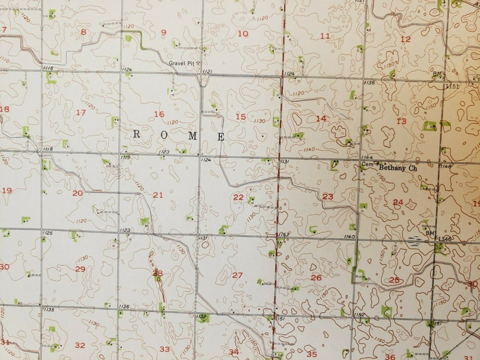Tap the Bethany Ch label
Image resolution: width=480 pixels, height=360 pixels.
[x=397, y=168]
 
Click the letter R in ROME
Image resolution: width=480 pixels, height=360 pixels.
[x=136, y=135]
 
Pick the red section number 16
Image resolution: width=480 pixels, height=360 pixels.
[x=159, y=114]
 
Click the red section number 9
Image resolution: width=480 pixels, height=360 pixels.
[x=163, y=33]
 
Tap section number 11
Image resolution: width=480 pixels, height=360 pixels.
[x=325, y=36]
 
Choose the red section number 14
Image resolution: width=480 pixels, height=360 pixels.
[x=321, y=118]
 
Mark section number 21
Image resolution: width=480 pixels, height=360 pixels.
[x=158, y=194]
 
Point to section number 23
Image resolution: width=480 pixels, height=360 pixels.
[x=327, y=196]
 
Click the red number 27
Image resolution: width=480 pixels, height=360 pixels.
[x=237, y=275]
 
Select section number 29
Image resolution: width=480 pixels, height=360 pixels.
[x=80, y=269]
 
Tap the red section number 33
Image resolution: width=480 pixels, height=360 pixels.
[x=164, y=349]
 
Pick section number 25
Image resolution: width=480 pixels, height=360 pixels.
[x=394, y=280]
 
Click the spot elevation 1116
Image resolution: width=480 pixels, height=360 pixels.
[x=48, y=68]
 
